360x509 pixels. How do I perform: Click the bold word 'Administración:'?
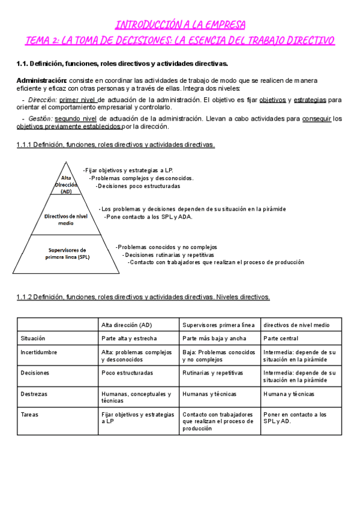pos(42,80)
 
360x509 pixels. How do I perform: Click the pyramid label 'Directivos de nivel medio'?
pos(66,218)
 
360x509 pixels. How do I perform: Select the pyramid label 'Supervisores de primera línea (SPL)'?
pos(67,253)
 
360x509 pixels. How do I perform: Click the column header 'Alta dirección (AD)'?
pos(127,325)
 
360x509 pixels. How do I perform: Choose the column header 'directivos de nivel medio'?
pos(296,325)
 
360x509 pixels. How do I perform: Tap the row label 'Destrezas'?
pos(34,394)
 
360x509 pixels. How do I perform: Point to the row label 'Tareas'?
pos(29,414)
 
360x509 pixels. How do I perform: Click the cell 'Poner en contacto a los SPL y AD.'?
pos(294,418)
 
